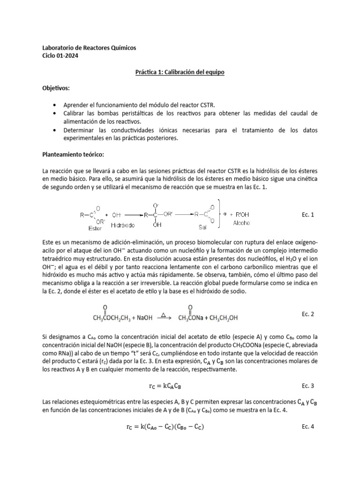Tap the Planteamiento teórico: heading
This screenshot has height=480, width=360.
(x=74, y=154)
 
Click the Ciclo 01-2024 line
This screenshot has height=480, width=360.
(x=60, y=56)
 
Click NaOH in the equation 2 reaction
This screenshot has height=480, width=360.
(x=144, y=318)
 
